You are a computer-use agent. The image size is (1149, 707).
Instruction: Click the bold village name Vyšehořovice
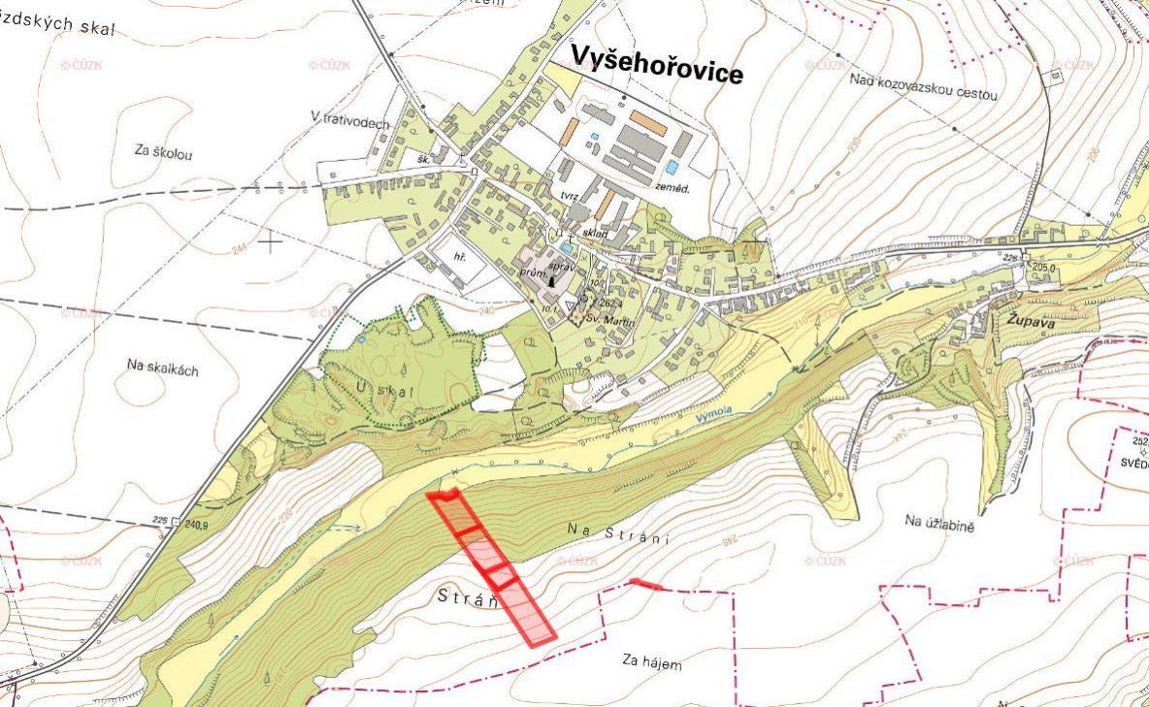click(656, 64)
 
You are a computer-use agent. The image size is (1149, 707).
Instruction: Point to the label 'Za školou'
click(165, 152)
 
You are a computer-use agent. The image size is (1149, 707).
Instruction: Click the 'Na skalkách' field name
click(163, 365)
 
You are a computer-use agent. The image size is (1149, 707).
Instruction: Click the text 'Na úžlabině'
click(938, 522)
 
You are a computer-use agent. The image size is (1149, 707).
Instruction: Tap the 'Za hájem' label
click(651, 663)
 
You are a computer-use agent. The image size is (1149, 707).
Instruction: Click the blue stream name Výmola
click(713, 415)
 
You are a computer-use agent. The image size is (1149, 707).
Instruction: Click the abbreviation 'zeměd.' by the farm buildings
click(671, 189)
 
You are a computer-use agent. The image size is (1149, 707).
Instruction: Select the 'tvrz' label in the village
click(570, 195)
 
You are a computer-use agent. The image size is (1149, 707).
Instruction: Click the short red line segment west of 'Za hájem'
click(645, 584)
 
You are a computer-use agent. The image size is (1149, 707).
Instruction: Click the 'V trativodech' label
click(350, 120)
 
